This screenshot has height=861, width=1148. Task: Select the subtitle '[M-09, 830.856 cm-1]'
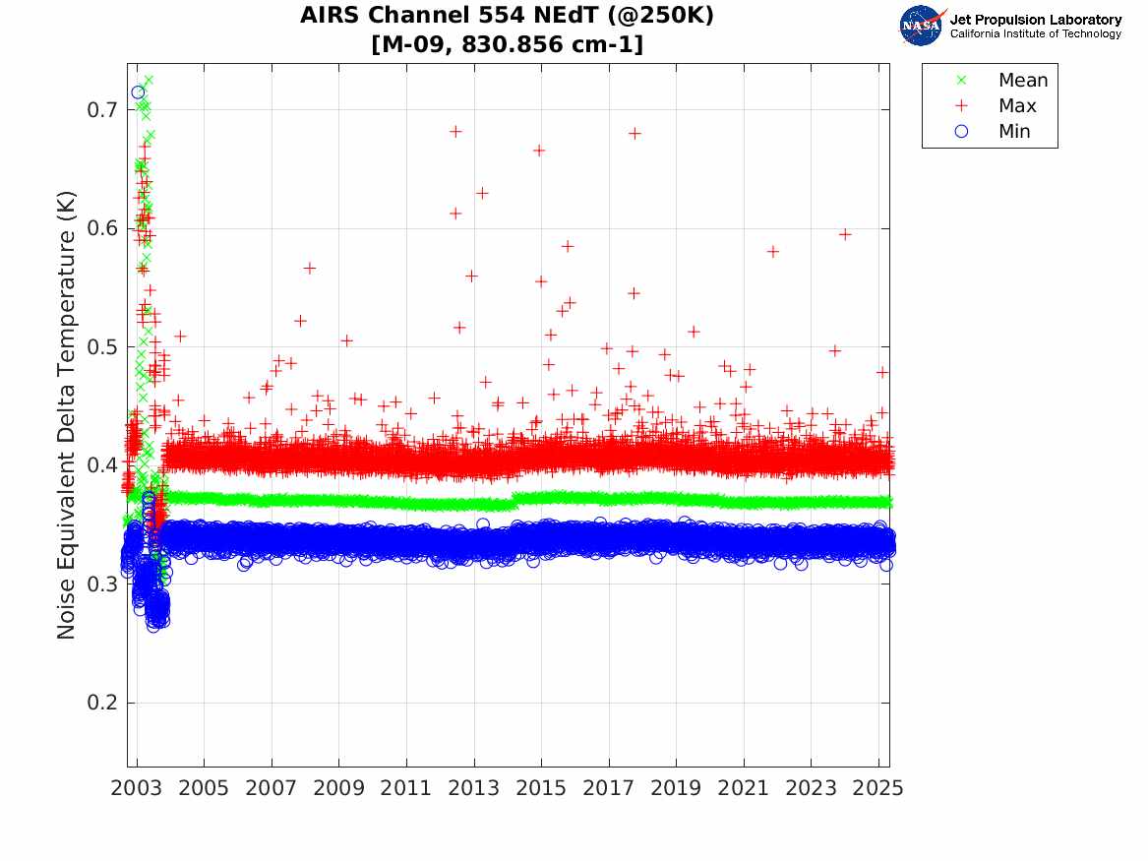508,44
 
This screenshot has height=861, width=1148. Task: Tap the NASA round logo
923,25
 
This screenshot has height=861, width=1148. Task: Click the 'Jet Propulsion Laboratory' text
1035,20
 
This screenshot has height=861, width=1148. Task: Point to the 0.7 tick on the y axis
98,110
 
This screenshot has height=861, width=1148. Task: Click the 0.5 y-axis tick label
98,347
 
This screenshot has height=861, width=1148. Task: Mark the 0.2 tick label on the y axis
98,704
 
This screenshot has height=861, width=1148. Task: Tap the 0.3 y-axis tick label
98,584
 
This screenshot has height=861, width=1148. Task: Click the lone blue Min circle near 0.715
138,92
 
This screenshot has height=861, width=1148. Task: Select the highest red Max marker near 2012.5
455,131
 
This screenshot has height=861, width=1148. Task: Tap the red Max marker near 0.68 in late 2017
634,133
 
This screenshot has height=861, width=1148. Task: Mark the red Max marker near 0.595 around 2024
845,234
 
